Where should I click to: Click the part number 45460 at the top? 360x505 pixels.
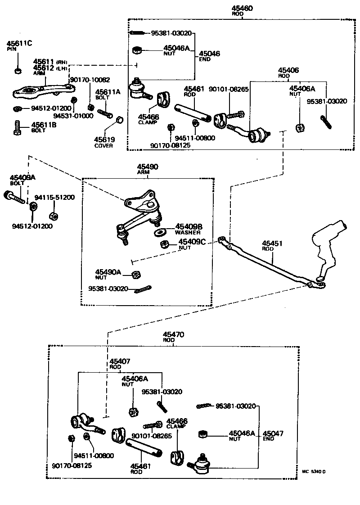click(242, 8)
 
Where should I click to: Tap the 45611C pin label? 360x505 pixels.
click(19, 45)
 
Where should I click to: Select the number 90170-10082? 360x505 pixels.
click(90, 80)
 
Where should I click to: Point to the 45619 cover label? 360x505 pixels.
click(104, 142)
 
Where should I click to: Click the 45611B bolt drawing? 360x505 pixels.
click(18, 127)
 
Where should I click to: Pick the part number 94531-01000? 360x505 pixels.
click(73, 116)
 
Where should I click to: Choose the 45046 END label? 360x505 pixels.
click(209, 56)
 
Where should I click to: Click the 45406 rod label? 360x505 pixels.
click(288, 72)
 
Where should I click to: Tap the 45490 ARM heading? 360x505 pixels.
click(148, 169)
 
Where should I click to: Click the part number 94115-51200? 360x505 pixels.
click(54, 197)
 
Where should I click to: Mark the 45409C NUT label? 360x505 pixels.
click(192, 244)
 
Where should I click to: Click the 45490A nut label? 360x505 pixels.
click(108, 275)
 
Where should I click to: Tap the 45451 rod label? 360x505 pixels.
click(272, 246)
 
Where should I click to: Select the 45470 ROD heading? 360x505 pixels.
click(173, 337)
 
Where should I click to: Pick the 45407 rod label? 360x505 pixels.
click(120, 364)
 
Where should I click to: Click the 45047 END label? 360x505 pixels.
click(273, 436)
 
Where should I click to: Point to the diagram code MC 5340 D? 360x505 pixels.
click(314, 472)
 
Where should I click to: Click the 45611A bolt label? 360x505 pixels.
click(108, 95)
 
